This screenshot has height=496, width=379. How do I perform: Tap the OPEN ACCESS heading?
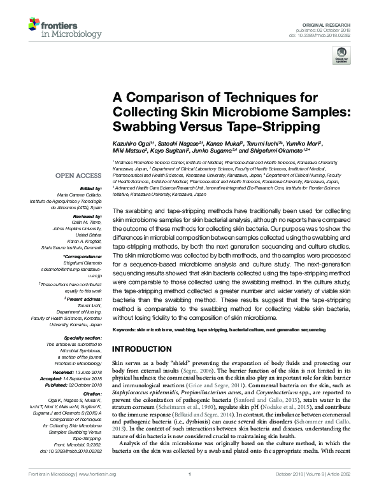click(78, 175)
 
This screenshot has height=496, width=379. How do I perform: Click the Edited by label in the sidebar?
click(90, 188)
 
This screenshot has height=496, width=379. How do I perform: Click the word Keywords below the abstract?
click(123, 331)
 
